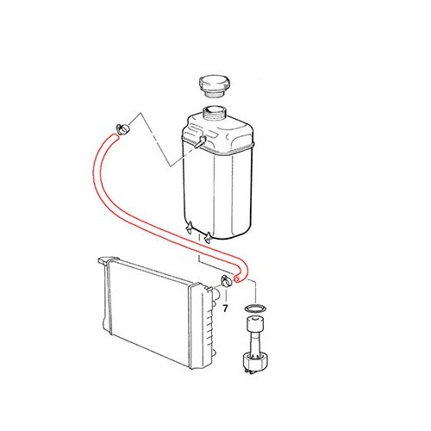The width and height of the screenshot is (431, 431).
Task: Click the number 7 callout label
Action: (226, 307)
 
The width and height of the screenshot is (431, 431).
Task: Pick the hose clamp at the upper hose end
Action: (122, 129)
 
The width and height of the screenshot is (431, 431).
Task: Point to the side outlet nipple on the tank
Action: (197, 141)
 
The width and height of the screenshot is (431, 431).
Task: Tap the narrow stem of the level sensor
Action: (256, 345)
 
